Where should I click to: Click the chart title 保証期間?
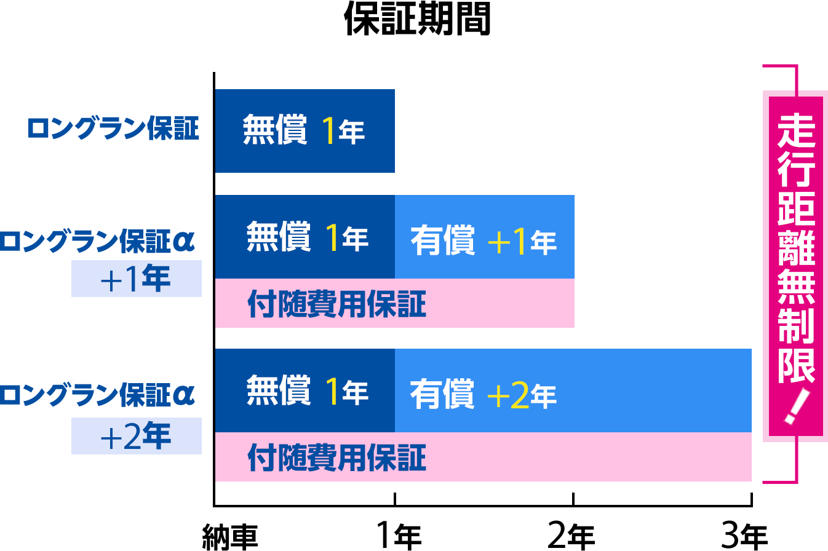(x=417, y=19)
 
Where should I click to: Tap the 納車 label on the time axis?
(x=230, y=537)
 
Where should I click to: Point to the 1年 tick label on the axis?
(x=399, y=536)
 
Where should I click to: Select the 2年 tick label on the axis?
(x=571, y=536)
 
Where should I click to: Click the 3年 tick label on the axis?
(x=744, y=536)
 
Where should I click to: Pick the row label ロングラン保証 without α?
(x=113, y=129)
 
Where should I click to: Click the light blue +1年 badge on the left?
(x=137, y=279)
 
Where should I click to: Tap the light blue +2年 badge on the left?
(x=137, y=436)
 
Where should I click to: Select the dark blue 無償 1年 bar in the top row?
(x=305, y=131)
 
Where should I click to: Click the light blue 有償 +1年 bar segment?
(x=485, y=237)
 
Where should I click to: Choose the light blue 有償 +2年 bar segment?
(x=573, y=390)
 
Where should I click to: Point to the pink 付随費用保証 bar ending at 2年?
(x=395, y=303)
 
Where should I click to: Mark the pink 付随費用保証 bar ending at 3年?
(x=484, y=457)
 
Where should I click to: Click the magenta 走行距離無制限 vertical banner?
(x=796, y=266)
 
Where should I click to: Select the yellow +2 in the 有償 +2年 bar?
(x=508, y=395)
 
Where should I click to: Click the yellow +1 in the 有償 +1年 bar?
(x=506, y=241)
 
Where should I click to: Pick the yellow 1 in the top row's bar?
(x=329, y=130)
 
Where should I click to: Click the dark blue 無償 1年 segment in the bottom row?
(x=305, y=390)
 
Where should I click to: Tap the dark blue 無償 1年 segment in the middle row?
(x=305, y=237)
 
